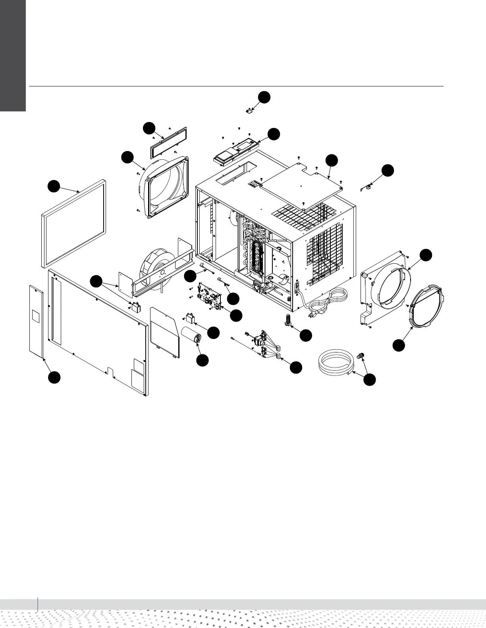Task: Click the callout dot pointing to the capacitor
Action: [x=202, y=360]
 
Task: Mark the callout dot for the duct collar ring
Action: [x=399, y=345]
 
